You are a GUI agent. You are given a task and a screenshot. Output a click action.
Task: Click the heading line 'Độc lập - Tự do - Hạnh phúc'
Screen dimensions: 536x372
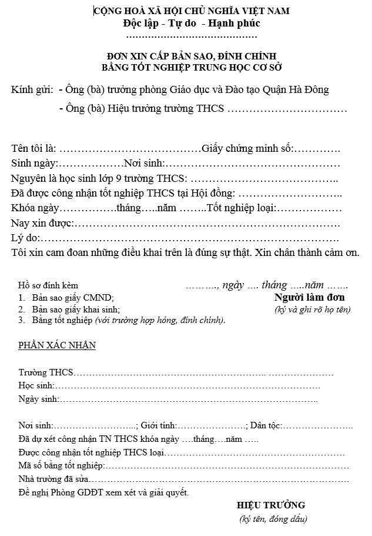point(191,24)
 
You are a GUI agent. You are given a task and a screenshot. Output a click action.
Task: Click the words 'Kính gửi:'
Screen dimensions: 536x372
point(32,90)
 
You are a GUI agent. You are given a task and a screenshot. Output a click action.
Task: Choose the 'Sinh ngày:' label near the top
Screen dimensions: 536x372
point(34,163)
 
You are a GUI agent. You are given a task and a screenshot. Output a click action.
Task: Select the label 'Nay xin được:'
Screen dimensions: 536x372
point(41,223)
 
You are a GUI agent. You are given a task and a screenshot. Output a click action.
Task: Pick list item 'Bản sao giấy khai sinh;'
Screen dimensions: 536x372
point(76,309)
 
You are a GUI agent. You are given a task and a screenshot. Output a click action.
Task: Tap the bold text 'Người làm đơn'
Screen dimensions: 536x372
point(310,297)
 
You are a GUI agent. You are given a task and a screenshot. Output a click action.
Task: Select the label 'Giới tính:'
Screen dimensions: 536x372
point(160,425)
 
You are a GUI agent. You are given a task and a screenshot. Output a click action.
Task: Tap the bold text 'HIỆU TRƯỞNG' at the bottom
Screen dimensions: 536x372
point(271,505)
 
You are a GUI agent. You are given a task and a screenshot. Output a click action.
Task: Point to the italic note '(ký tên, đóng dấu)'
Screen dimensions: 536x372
point(273,519)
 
